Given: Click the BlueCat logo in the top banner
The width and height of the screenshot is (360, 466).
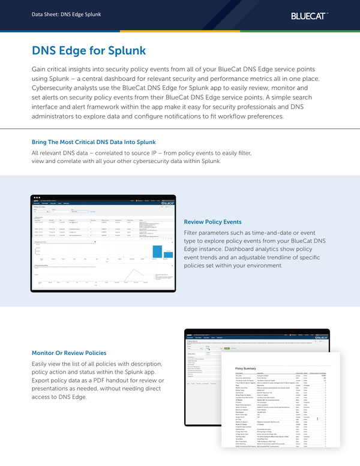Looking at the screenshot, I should pos(310,14).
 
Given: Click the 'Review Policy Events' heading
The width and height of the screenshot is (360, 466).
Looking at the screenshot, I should pos(213,221).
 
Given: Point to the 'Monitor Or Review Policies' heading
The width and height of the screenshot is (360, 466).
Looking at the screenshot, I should pos(69,353).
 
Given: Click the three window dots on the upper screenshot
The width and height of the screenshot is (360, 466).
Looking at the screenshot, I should pos(37,197).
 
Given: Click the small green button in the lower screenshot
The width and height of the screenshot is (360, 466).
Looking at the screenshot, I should pos(227,348).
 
